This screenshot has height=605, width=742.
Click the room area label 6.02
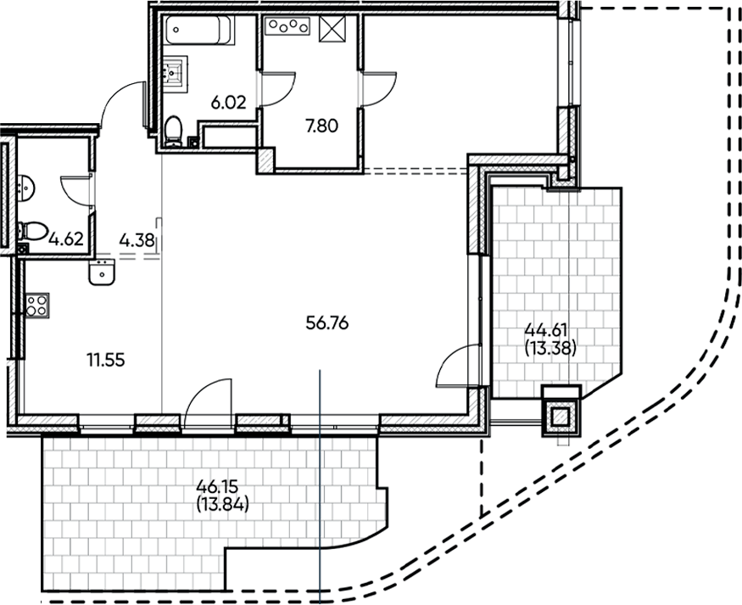227,104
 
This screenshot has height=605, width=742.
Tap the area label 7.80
320,126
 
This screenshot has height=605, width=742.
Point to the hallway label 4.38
137,239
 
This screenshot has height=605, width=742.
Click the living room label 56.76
326,322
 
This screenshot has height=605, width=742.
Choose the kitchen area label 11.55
105,360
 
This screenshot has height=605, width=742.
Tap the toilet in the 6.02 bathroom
174,131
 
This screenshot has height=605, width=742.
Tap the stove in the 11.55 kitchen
36,305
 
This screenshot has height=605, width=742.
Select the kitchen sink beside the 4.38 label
102,273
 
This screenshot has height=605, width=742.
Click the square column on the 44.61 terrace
561,415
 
